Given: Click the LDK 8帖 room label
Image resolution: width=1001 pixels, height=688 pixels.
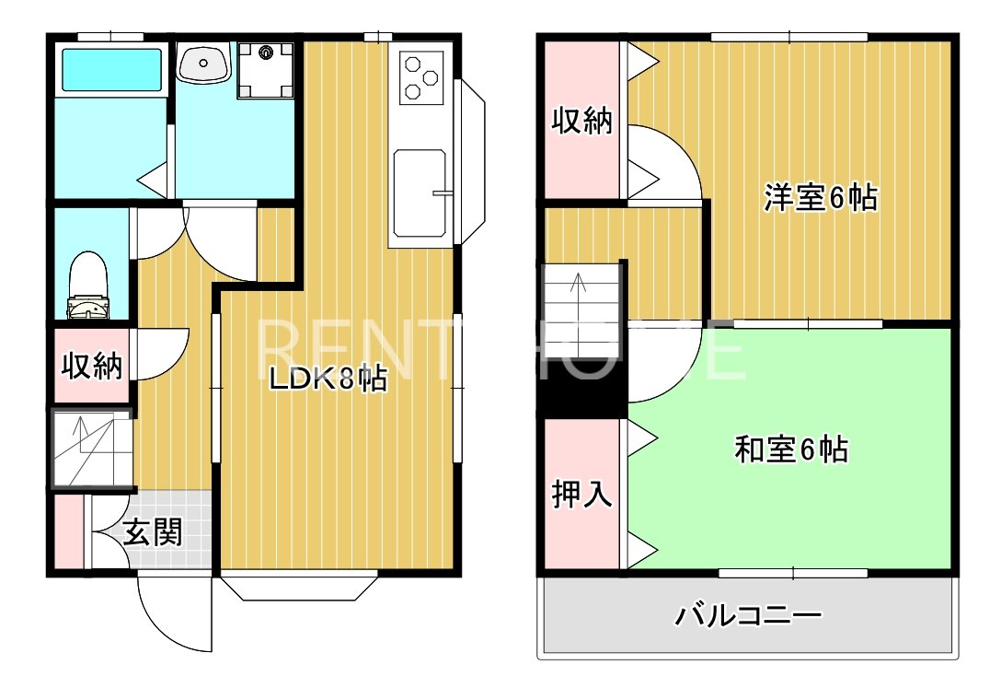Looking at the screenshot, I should point(328,379).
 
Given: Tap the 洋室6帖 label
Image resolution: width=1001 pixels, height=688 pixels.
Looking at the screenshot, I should point(819,199).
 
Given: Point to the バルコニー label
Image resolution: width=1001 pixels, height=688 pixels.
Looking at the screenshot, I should point(747,614).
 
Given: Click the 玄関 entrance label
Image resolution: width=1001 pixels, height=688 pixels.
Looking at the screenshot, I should point(153,532).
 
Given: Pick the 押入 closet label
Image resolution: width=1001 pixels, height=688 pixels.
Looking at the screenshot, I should point(581,495).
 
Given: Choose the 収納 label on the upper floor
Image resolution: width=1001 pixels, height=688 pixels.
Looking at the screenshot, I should point(581,121).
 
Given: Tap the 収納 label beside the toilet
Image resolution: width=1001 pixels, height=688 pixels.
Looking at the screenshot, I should point(91,367).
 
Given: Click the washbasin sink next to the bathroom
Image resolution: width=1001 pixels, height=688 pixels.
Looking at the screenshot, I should point(204,64).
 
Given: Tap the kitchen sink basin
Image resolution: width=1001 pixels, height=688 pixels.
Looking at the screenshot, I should point(420,192).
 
